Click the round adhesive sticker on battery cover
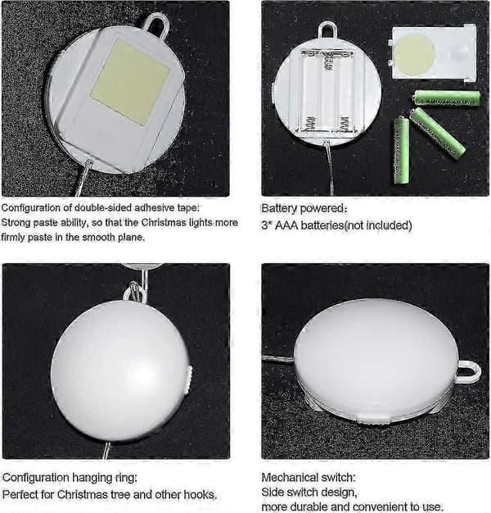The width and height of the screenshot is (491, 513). (x=413, y=54)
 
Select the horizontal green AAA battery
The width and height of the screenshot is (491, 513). (x=447, y=98)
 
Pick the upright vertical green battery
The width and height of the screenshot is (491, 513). (x=401, y=151)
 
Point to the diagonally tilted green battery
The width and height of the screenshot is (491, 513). (x=437, y=134)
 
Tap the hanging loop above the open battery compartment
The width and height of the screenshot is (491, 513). (x=327, y=30)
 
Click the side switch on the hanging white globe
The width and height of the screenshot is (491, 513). (x=189, y=379)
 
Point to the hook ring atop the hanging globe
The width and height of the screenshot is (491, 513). (x=134, y=292)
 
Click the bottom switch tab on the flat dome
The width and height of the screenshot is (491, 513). (x=374, y=419)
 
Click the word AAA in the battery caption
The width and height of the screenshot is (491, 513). (x=286, y=225)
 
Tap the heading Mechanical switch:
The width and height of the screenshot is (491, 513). (x=309, y=477)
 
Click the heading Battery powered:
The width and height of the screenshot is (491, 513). (x=304, y=208)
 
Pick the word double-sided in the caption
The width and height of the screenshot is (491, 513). (x=103, y=208)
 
